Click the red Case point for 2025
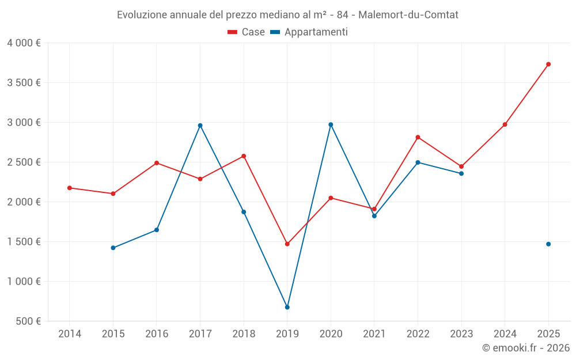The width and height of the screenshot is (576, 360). [x=548, y=64]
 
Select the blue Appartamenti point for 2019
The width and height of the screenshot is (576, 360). [x=287, y=307]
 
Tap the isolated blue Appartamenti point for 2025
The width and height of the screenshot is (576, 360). [x=548, y=244]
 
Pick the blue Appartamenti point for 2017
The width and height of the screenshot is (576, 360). [x=200, y=126]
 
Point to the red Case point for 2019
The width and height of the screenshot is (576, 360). [x=287, y=244]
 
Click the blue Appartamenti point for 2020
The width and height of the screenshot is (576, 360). [x=331, y=124]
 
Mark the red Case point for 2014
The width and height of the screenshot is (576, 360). [x=70, y=188]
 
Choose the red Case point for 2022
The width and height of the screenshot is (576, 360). [x=418, y=137]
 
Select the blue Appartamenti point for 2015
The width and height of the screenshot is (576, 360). [x=113, y=248]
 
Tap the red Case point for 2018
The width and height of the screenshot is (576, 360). [x=244, y=156]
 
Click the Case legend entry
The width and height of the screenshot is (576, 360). [x=247, y=32]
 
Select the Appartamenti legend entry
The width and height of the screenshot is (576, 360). [x=309, y=32]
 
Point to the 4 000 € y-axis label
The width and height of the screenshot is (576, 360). [x=24, y=43]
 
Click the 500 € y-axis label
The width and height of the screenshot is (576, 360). [x=27, y=321]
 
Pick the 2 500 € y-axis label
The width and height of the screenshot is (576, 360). [x=24, y=162]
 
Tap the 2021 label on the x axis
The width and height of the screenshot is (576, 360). [x=374, y=334]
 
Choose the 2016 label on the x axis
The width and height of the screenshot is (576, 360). [x=157, y=334]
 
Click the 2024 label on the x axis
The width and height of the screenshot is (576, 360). [x=505, y=334]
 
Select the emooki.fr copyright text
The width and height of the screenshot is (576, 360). [x=526, y=348]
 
